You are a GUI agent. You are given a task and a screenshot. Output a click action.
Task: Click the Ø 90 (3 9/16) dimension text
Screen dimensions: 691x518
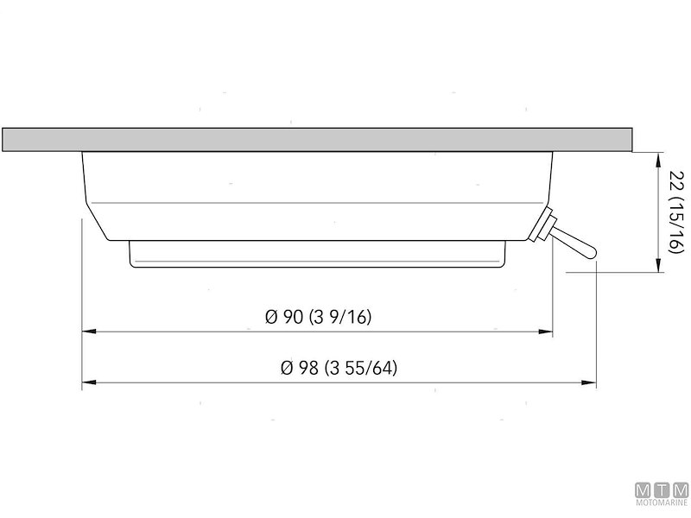tap(318, 317)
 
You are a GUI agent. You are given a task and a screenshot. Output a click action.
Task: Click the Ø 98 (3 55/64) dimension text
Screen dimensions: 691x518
tap(339, 368)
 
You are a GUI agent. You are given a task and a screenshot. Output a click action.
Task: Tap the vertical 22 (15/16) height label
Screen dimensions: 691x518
tap(676, 212)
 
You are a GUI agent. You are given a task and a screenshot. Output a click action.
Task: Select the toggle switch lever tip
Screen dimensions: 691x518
tap(591, 253)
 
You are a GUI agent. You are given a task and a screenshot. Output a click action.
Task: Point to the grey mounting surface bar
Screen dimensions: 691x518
tap(317, 140)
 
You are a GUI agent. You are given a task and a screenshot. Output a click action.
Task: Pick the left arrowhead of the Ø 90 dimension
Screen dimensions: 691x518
tap(89, 332)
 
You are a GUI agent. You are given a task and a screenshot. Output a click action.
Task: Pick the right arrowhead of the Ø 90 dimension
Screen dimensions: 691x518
tap(546, 332)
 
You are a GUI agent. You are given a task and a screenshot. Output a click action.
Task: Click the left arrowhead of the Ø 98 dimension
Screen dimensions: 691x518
tap(89, 382)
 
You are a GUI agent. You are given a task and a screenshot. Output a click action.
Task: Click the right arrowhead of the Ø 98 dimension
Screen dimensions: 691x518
tap(589, 382)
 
